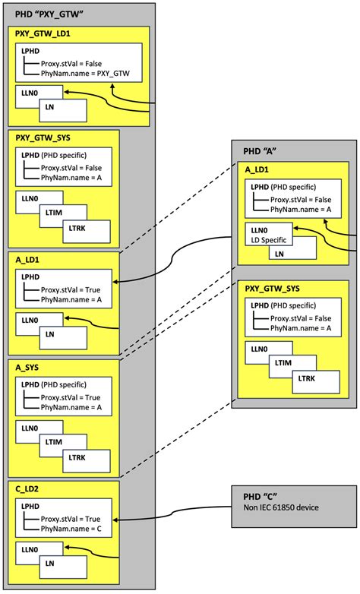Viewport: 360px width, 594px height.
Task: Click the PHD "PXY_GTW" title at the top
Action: (x=47, y=14)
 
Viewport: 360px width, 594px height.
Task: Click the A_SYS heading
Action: (x=28, y=367)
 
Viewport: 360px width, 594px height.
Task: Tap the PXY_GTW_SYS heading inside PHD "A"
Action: (x=273, y=289)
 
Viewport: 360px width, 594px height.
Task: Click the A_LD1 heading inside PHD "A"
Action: (x=257, y=169)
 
